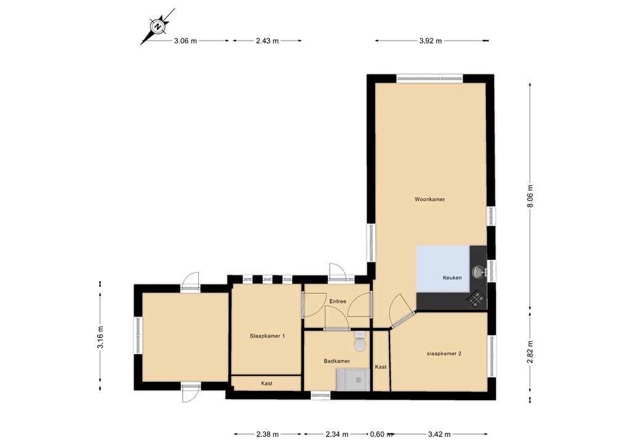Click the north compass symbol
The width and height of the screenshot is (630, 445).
(157, 26)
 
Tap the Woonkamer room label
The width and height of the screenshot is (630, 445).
(429, 199)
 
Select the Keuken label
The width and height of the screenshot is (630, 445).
(452, 277)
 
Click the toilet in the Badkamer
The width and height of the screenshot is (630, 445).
(359, 342)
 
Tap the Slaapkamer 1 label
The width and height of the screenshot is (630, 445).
(267, 336)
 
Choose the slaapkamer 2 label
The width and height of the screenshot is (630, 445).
(444, 353)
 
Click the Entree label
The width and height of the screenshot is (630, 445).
(338, 301)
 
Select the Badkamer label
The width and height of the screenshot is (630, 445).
(337, 361)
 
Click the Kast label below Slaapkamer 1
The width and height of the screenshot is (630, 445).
(266, 384)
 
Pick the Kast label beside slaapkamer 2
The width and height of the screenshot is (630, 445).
(380, 367)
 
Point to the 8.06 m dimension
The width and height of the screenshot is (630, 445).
(530, 196)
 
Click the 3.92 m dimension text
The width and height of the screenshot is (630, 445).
(430, 41)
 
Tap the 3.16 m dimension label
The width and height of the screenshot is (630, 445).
(100, 337)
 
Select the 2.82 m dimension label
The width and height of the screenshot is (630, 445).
(530, 352)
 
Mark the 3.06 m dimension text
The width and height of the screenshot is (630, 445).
(185, 41)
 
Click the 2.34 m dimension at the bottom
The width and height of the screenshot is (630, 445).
(337, 434)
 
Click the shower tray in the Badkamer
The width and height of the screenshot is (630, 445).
(353, 380)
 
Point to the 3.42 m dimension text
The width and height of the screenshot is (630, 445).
(439, 434)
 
